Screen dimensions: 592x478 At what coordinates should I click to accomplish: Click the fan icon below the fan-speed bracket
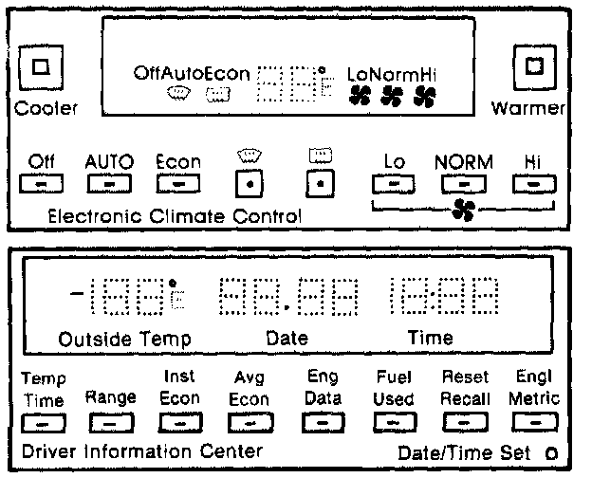(x=462, y=212)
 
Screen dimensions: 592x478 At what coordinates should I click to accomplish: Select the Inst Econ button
(x=179, y=420)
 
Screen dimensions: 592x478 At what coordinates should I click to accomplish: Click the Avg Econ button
(x=250, y=420)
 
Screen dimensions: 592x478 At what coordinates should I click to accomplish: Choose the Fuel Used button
(x=393, y=420)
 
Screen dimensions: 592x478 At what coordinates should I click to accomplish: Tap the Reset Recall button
(x=465, y=420)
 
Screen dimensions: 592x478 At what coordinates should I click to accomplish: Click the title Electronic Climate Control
(x=175, y=216)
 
